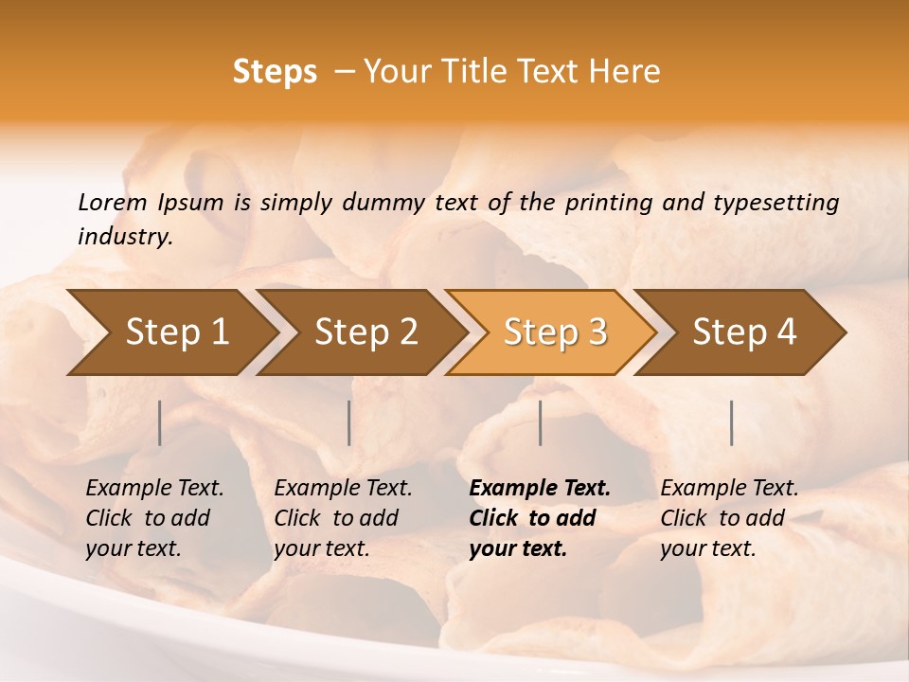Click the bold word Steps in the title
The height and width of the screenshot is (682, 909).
click(275, 72)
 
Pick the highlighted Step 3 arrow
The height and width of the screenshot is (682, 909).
click(555, 332)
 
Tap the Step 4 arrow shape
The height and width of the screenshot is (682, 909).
click(744, 332)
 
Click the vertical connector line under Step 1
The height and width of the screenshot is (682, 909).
click(160, 422)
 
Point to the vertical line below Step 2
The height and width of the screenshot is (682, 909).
click(349, 422)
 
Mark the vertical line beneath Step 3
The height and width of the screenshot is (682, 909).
click(541, 422)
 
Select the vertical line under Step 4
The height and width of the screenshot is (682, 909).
click(732, 422)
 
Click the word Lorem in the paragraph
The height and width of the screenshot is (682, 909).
click(112, 202)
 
